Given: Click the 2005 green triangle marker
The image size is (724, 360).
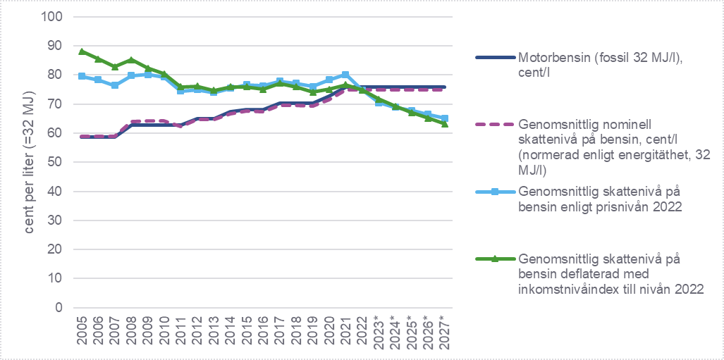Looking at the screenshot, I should coord(82,51).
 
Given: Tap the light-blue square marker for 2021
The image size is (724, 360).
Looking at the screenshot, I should coord(345,75).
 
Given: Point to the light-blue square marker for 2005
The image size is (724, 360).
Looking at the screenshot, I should coord(82,76).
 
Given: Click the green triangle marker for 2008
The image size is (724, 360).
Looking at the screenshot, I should coord(132,60).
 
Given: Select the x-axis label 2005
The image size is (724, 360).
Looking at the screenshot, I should coord(83,330).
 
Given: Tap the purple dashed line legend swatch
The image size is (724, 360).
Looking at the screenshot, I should coord(493,124).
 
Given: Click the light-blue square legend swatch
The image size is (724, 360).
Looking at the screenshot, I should coord(493,190).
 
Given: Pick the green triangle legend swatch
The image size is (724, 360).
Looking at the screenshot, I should coord(493,259).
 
